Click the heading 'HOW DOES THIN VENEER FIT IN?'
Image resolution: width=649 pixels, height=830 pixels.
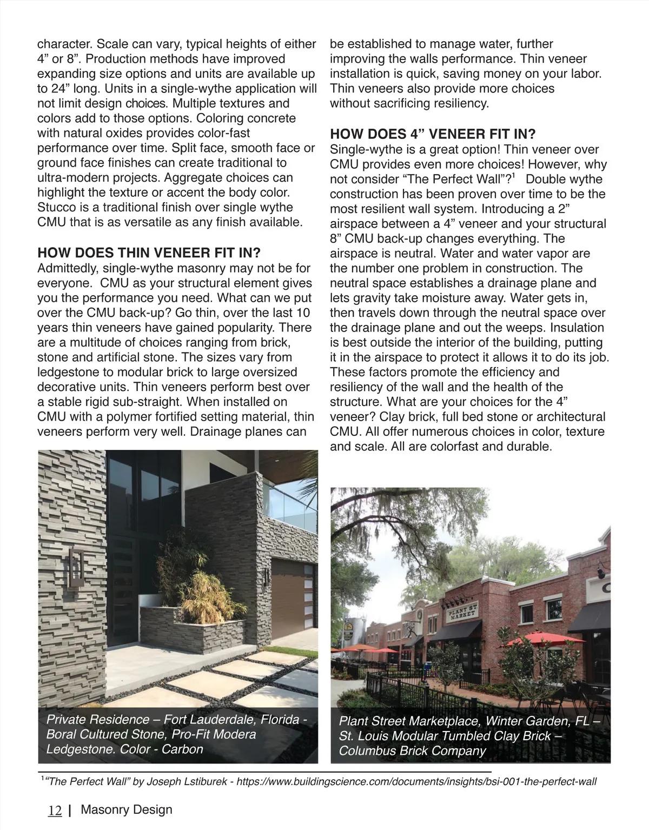point(149,253)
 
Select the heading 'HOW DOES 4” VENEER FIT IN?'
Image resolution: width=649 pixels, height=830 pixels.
point(433,134)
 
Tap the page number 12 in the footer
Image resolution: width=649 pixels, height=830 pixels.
point(55,811)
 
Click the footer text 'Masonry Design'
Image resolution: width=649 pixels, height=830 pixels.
point(127,810)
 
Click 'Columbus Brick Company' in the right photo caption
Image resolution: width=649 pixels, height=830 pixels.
point(413,751)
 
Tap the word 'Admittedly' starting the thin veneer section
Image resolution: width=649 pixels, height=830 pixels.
point(68,268)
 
